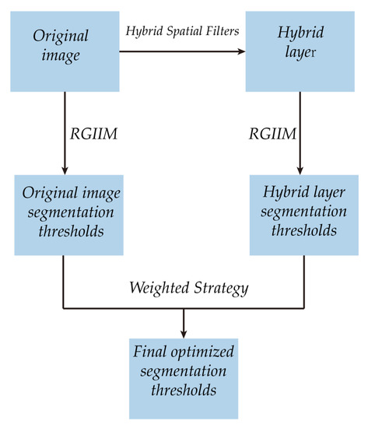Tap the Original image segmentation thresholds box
click(65, 214)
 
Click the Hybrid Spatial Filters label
click(181, 32)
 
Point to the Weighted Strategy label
click(189, 289)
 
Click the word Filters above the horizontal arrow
click(220, 32)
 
